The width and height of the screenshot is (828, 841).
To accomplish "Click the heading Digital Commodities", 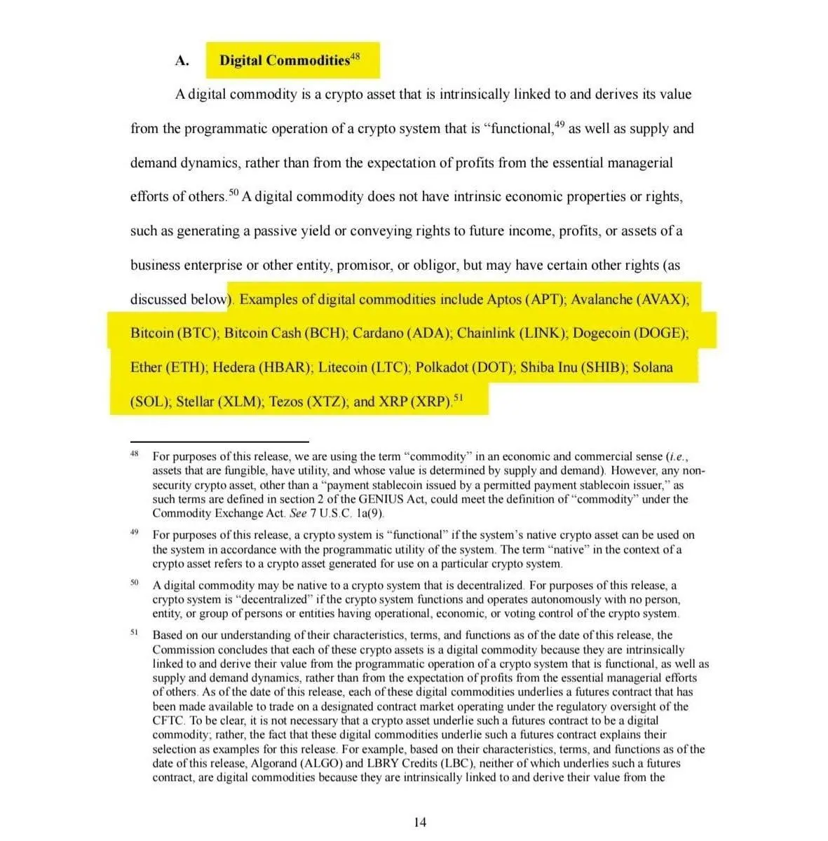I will click(284, 61).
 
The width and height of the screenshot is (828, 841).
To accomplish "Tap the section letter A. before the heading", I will click(182, 61).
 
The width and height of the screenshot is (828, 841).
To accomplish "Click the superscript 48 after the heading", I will click(355, 56).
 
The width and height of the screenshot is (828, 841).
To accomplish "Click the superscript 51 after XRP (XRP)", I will click(459, 398).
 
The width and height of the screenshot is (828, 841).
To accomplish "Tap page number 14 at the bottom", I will click(419, 822).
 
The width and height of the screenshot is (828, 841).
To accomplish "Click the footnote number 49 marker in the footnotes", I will click(134, 533).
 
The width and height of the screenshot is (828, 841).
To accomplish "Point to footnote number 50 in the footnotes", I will click(134, 582).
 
